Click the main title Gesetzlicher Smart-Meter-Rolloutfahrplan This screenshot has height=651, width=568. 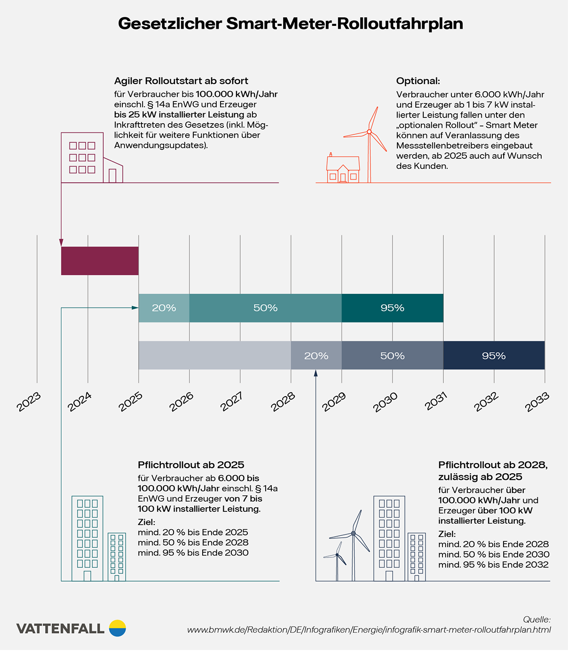[x=290, y=24]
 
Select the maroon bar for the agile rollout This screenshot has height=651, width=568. [x=100, y=261]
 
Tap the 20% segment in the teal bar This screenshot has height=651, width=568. [x=164, y=308]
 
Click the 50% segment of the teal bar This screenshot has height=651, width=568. [x=265, y=308]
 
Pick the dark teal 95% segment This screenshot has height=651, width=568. [x=392, y=308]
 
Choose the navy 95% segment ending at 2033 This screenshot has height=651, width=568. [x=494, y=355]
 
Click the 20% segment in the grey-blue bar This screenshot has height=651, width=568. [x=316, y=355]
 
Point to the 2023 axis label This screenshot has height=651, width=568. [x=29, y=402]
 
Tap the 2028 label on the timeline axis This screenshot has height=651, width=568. [x=283, y=402]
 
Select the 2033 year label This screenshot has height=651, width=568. [x=537, y=402]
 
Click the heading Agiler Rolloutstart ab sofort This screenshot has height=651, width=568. [x=181, y=81]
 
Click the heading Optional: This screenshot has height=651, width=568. [x=418, y=81]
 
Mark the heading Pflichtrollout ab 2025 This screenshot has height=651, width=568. [x=191, y=465]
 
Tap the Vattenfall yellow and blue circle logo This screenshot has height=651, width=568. [x=118, y=628]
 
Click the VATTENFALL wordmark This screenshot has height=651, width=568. [x=60, y=628]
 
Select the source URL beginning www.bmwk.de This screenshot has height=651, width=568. [x=369, y=630]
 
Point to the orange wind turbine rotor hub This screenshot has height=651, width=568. [x=369, y=132]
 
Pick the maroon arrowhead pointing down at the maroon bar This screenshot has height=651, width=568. [x=61, y=243]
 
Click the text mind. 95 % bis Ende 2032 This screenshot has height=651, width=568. [x=493, y=565]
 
